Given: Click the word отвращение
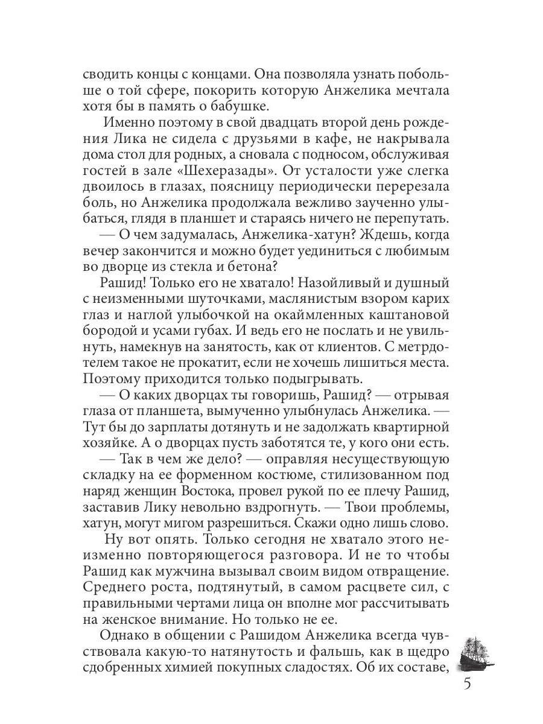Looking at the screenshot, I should click(405, 570).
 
